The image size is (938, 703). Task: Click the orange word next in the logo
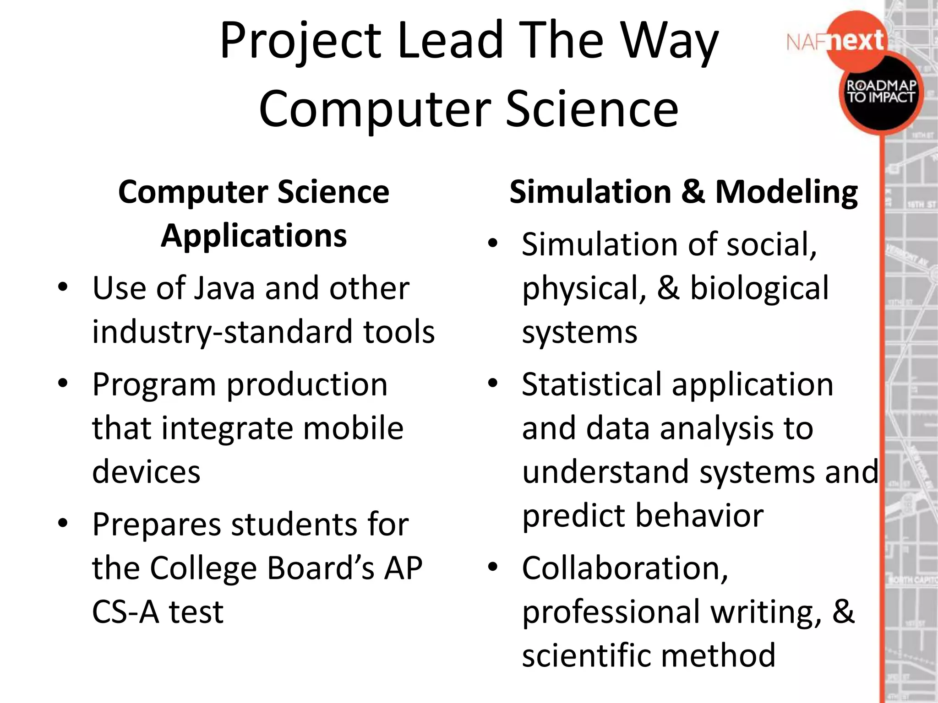pos(856,41)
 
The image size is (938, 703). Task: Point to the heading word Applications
pos(254,236)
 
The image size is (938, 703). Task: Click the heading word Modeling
pos(786,192)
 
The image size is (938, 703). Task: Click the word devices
pos(146,472)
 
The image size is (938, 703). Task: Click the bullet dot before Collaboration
pos(493,567)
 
